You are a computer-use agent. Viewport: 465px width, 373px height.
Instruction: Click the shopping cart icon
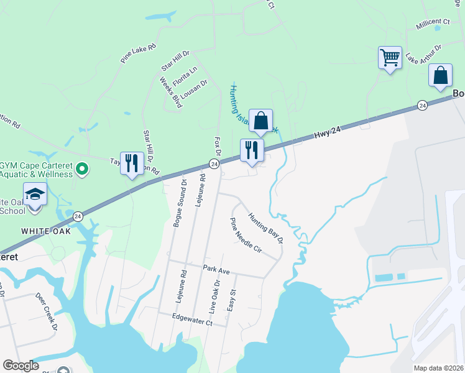(x=390, y=58)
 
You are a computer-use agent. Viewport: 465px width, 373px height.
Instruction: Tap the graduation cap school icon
(x=35, y=195)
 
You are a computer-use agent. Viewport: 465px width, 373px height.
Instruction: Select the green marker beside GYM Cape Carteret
(x=81, y=168)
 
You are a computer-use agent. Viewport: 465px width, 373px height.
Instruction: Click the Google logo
(x=21, y=366)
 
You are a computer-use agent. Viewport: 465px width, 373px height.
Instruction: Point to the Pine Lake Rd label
(x=138, y=53)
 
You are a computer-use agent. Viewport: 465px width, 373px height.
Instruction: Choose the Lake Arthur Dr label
(x=423, y=54)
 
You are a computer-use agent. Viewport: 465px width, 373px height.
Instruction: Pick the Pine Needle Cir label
(x=246, y=235)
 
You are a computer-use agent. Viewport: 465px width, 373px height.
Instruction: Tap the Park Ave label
(x=216, y=269)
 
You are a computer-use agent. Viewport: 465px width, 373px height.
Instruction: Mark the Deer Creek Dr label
(x=47, y=310)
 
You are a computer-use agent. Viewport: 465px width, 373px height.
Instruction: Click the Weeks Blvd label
(x=170, y=92)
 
